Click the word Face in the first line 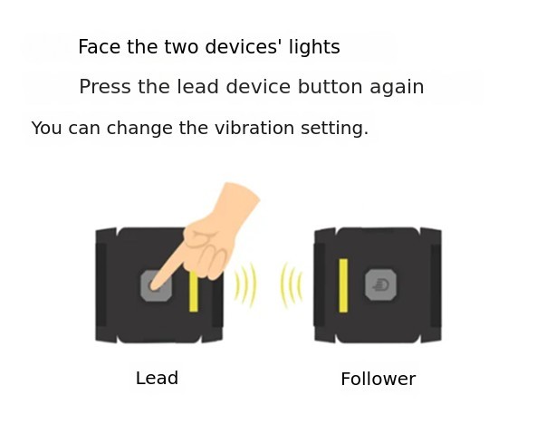99,46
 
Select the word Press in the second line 105,86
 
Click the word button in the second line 330,86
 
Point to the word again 397,88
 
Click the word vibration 254,128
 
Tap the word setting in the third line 334,129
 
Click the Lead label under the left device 157,378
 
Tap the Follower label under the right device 379,379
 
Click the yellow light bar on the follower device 343,285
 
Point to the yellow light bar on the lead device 194,292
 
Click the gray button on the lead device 157,286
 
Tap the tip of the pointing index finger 153,287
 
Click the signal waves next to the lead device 245,285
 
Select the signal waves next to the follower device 292,285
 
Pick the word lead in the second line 197,86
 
